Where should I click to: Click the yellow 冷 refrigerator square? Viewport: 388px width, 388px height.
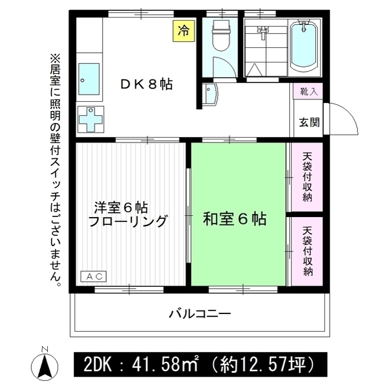183,31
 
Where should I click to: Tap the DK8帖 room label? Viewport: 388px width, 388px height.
145,85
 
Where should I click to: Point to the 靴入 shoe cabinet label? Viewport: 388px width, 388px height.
308,92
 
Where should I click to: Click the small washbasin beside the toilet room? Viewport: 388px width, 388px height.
210,95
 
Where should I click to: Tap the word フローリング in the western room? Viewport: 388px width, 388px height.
127,222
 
